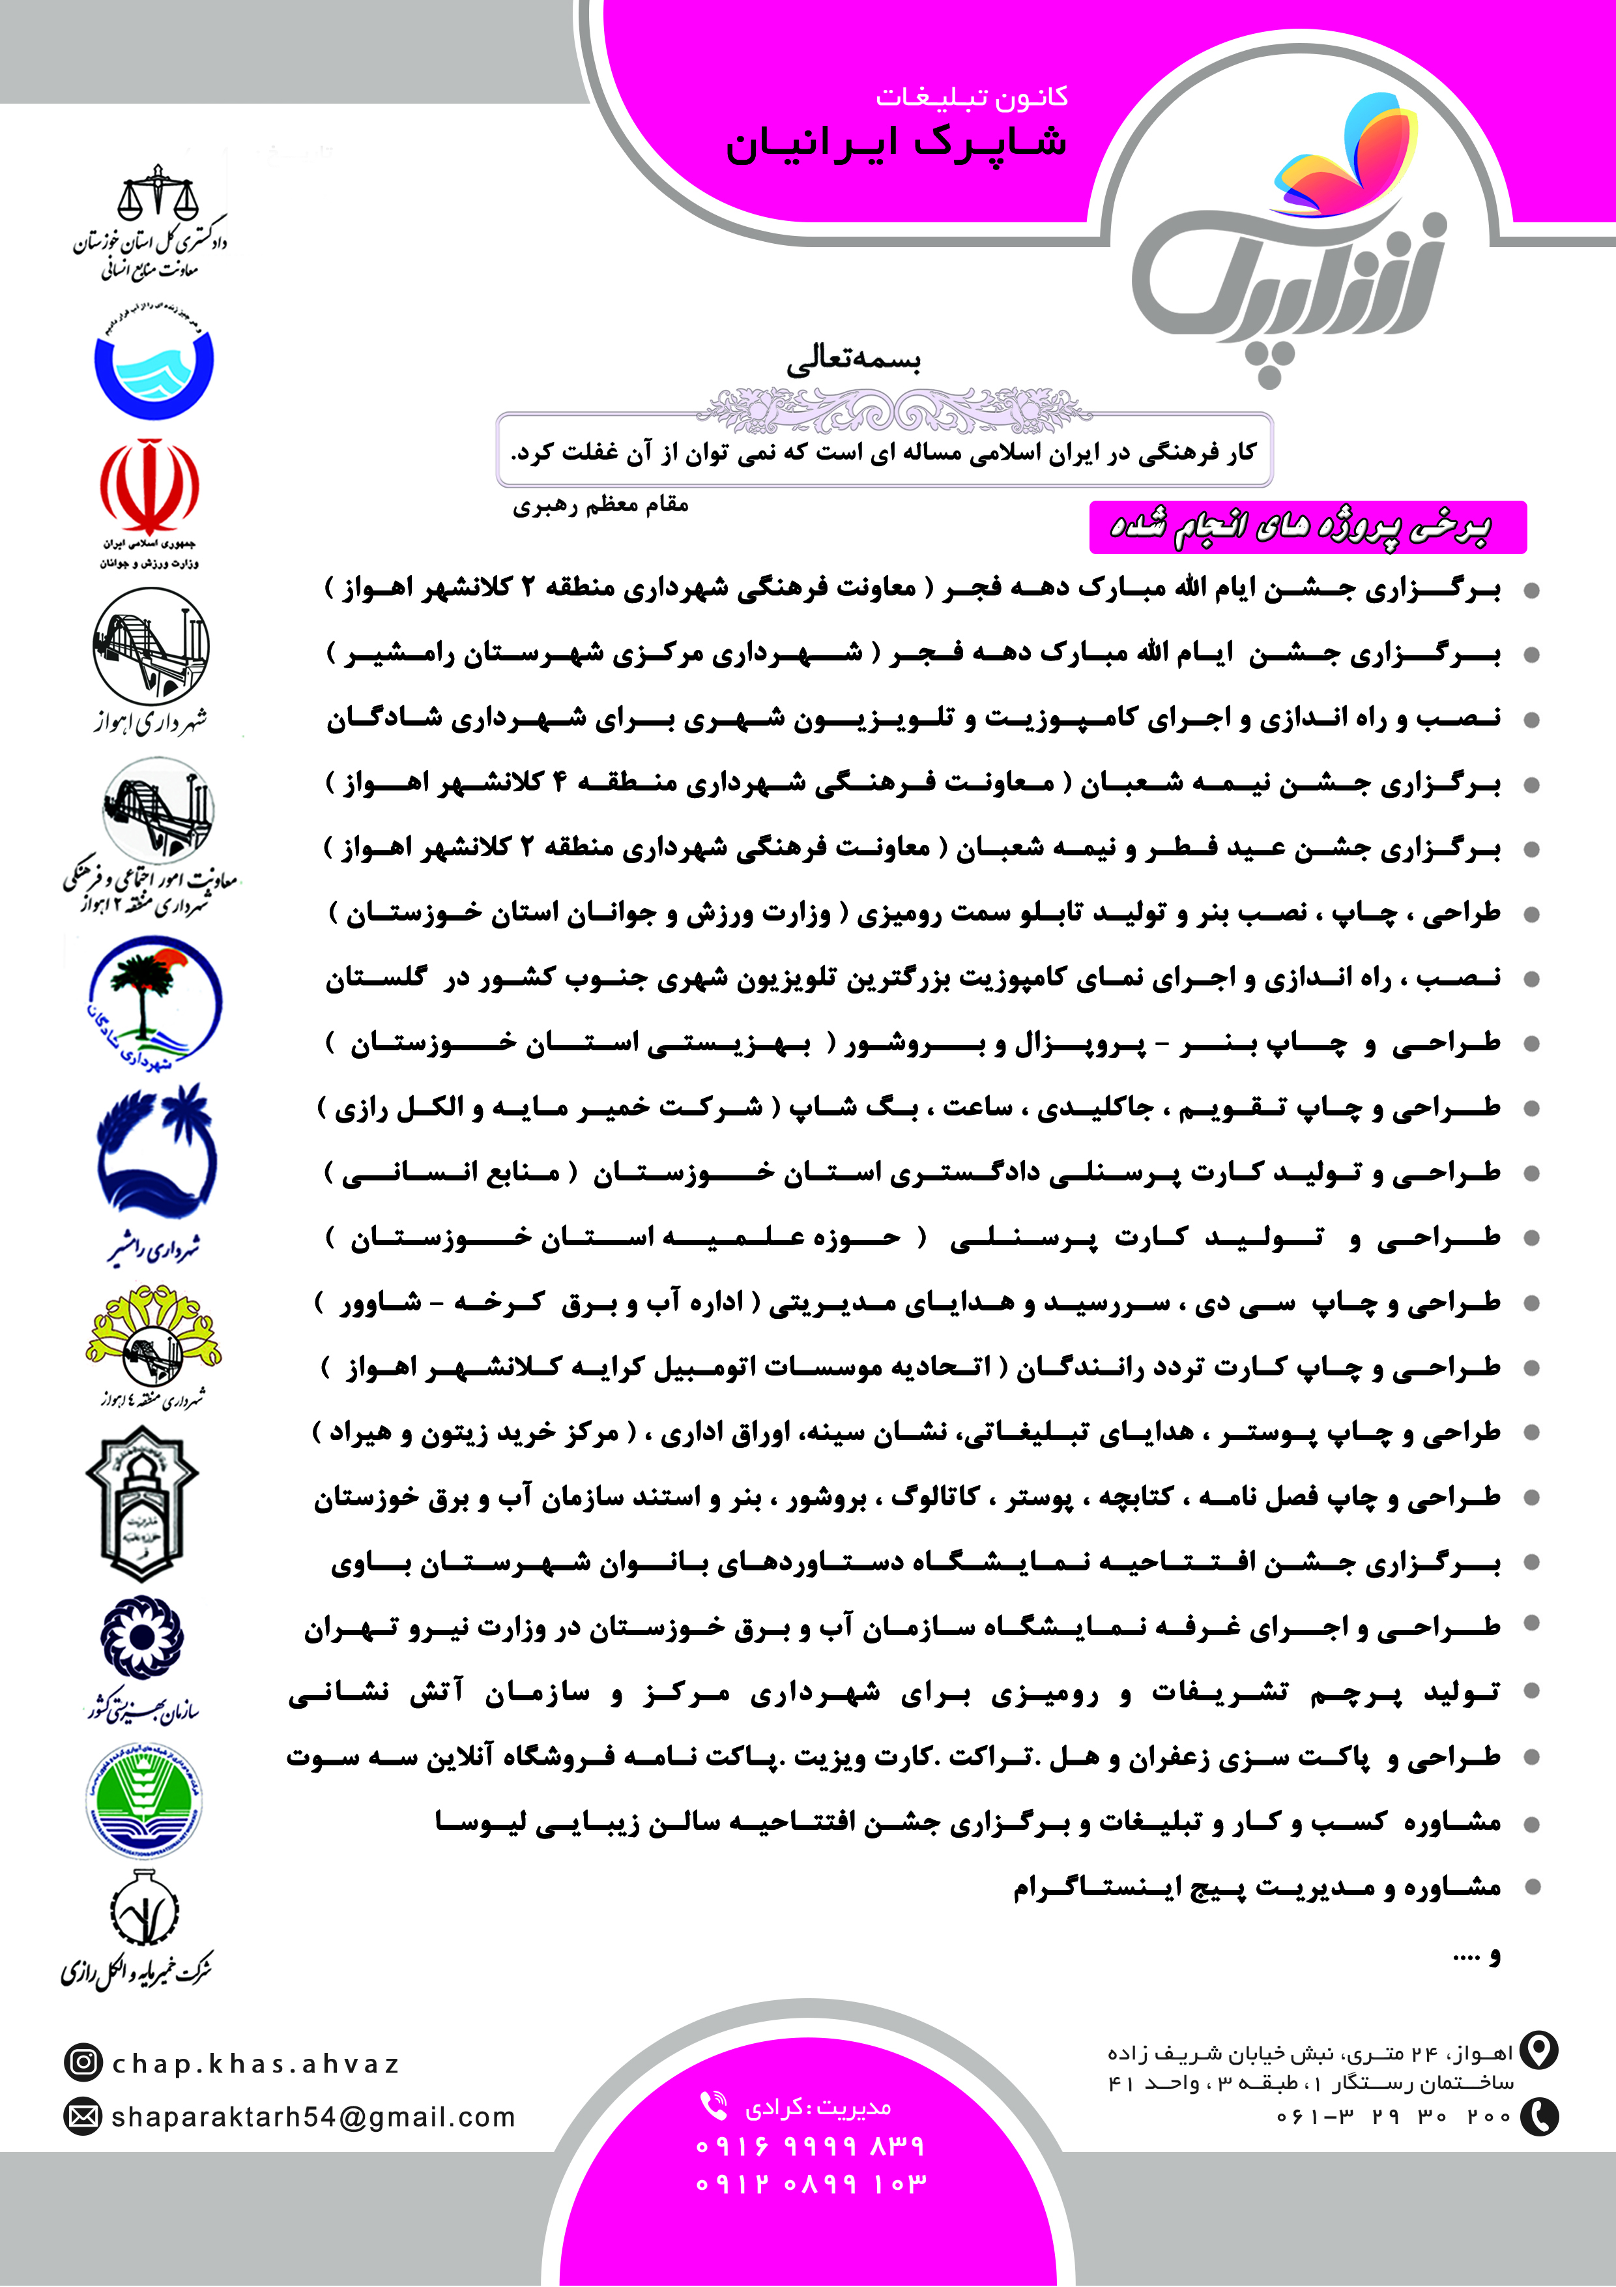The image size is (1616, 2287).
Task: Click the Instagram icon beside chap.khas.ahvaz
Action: click(x=83, y=2062)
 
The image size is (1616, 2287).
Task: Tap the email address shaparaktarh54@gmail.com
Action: click(x=313, y=2117)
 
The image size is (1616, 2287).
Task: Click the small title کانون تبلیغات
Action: click(x=972, y=96)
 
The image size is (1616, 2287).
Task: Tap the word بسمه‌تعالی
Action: click(x=854, y=359)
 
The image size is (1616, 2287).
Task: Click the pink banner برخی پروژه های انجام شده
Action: click(x=1306, y=527)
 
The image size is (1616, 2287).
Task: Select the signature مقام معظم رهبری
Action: click(x=600, y=505)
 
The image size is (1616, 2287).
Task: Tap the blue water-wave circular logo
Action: click(x=154, y=364)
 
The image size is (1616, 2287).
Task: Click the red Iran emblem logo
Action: click(x=149, y=488)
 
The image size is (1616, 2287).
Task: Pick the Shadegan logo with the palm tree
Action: click(x=154, y=1001)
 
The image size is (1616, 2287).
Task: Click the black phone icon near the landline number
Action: click(x=1539, y=2116)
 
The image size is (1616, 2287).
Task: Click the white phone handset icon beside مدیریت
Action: click(x=713, y=2104)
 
